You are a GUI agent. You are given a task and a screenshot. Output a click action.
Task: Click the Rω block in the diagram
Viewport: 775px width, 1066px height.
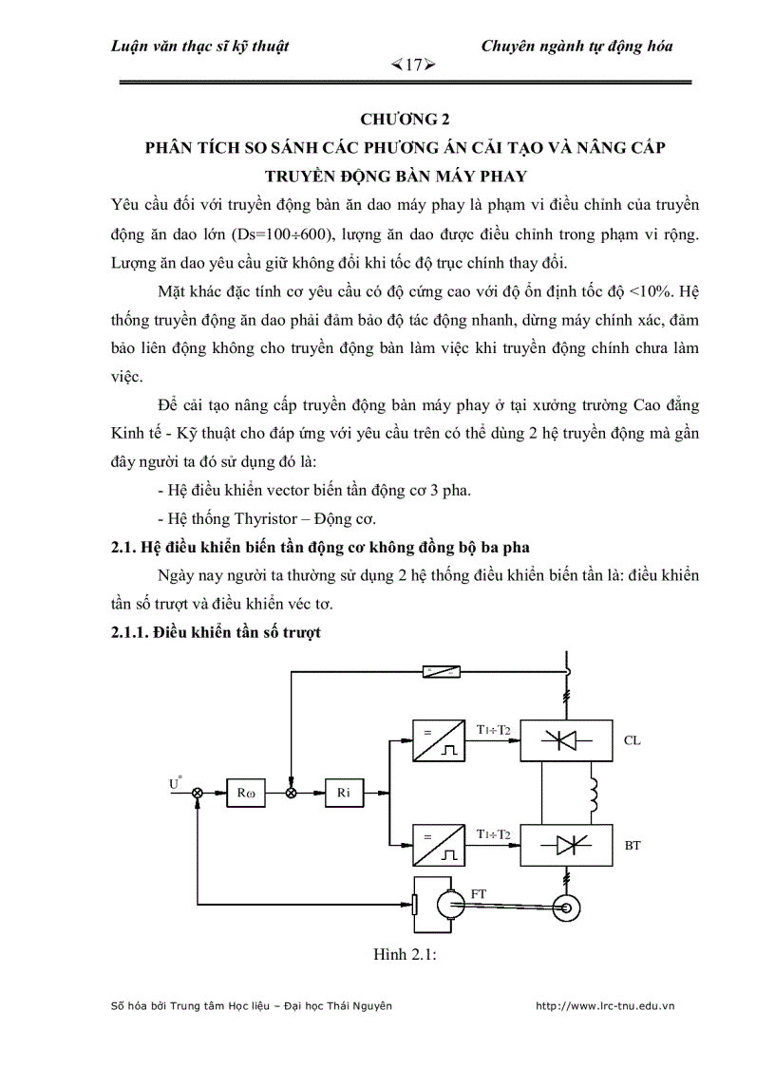point(248,793)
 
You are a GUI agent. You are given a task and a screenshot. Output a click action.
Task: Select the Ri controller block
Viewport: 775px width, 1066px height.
point(345,793)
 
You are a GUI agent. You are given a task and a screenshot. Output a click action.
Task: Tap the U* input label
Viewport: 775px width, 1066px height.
point(175,783)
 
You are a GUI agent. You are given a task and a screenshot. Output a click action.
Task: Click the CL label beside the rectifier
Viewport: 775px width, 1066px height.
point(633,739)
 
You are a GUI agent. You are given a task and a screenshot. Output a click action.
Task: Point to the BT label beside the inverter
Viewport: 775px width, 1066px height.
point(633,844)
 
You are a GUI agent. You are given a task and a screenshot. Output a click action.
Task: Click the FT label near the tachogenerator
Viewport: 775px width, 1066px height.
point(480,894)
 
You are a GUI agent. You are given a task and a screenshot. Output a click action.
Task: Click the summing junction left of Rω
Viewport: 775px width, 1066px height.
point(198,793)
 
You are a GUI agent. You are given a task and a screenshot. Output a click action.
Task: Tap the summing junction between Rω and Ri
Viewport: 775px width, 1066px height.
point(293,793)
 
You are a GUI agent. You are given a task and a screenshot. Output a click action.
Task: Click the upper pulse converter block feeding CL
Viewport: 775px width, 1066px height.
point(437,739)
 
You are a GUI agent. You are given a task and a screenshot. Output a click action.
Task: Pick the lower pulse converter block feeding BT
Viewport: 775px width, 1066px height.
point(437,844)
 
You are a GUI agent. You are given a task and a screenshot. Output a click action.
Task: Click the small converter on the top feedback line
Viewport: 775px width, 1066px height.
point(443,671)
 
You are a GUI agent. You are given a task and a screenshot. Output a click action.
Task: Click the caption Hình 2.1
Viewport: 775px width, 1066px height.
point(405,956)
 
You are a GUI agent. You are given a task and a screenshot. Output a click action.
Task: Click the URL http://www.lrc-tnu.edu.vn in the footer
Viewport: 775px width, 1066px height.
point(605,1005)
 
